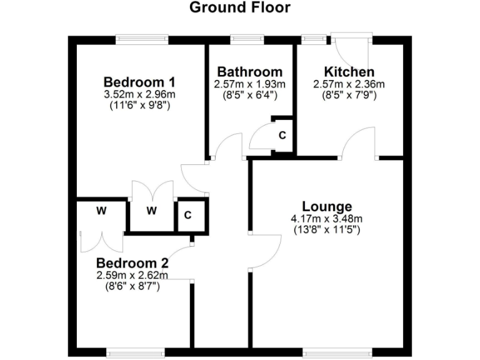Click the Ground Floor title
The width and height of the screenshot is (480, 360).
point(239,7)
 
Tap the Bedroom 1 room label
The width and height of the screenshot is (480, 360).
point(139,82)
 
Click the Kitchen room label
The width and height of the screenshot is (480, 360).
point(349,72)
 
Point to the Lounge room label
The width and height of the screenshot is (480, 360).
point(327,207)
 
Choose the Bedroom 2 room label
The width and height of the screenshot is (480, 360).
point(132,262)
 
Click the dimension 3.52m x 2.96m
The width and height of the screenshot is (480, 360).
point(140,94)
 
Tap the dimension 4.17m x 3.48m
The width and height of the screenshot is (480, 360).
point(327,219)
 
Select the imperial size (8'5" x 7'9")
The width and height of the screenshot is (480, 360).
point(349,96)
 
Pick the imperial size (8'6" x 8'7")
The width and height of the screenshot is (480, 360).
point(132,286)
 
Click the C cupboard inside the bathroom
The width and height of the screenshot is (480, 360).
point(282,134)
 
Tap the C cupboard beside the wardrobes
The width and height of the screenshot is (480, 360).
point(187,216)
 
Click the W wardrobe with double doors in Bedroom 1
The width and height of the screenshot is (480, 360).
point(152,211)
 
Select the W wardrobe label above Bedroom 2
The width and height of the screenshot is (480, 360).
point(101,211)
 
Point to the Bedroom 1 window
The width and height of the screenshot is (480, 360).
point(142,39)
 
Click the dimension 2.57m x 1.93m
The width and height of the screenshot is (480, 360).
point(249,84)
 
